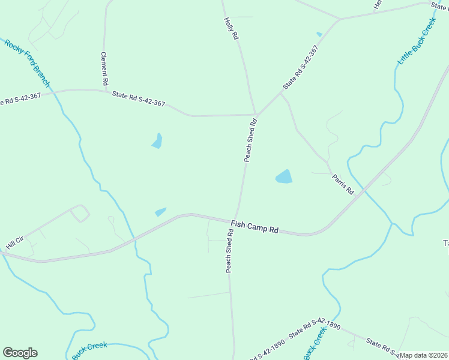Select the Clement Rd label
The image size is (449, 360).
coord(104,67)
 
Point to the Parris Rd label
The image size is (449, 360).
coord(343,184)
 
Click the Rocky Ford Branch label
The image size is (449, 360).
coord(28,64)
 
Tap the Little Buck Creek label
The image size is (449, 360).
coord(417,41)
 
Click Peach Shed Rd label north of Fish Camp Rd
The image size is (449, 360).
coord(250,140)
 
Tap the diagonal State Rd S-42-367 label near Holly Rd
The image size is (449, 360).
coord(301,68)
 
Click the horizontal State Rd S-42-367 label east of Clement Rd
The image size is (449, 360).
coord(139,98)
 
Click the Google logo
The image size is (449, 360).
coord(20,353)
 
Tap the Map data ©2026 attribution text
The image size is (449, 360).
coord(424,355)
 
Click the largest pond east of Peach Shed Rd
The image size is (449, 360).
coord(284,176)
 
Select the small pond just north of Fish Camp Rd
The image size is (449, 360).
coord(160,212)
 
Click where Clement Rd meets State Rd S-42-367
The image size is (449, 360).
coord(104,91)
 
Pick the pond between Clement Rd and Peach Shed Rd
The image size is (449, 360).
coord(157,141)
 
